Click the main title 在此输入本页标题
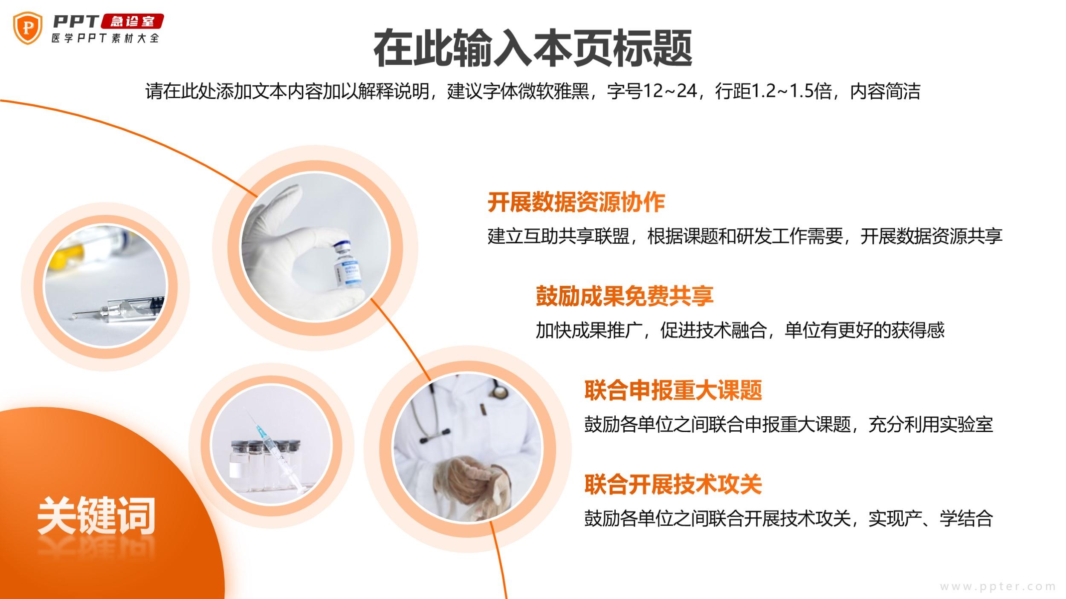click(533, 48)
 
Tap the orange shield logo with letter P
click(28, 28)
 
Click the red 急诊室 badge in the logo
click(132, 21)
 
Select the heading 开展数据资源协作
click(576, 202)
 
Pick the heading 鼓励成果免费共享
click(624, 296)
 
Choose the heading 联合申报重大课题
click(673, 390)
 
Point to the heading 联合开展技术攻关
click(673, 484)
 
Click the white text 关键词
click(96, 516)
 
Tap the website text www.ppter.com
click(998, 587)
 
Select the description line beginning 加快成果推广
click(740, 330)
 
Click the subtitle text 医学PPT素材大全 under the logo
click(105, 38)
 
